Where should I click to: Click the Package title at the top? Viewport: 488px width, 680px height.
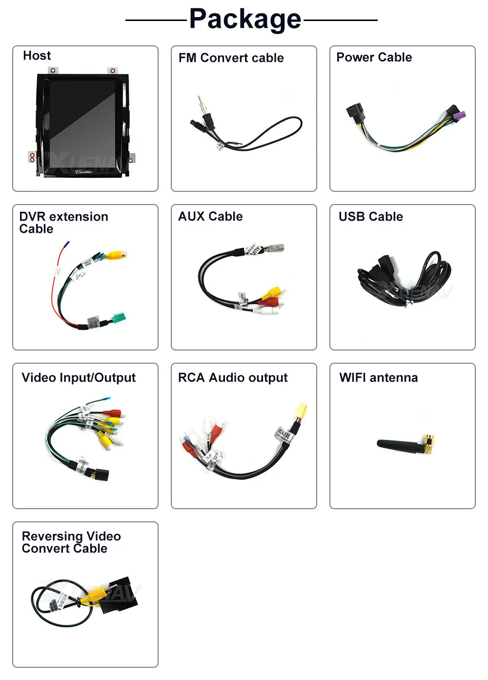(245, 20)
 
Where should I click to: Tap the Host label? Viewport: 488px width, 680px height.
(37, 56)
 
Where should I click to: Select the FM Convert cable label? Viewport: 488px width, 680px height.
(231, 58)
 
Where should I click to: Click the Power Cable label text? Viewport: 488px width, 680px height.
(374, 58)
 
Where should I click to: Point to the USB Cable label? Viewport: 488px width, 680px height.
(370, 217)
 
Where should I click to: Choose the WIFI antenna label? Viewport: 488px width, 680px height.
(378, 378)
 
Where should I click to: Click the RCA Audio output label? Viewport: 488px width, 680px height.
(233, 378)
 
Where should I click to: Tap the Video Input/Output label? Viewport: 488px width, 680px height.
(79, 378)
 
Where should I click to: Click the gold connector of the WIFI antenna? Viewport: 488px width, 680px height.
(429, 444)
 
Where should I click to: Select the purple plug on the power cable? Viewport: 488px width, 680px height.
(458, 116)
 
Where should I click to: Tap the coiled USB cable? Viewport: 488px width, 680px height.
(405, 278)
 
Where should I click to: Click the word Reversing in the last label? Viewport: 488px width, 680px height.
(52, 536)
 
